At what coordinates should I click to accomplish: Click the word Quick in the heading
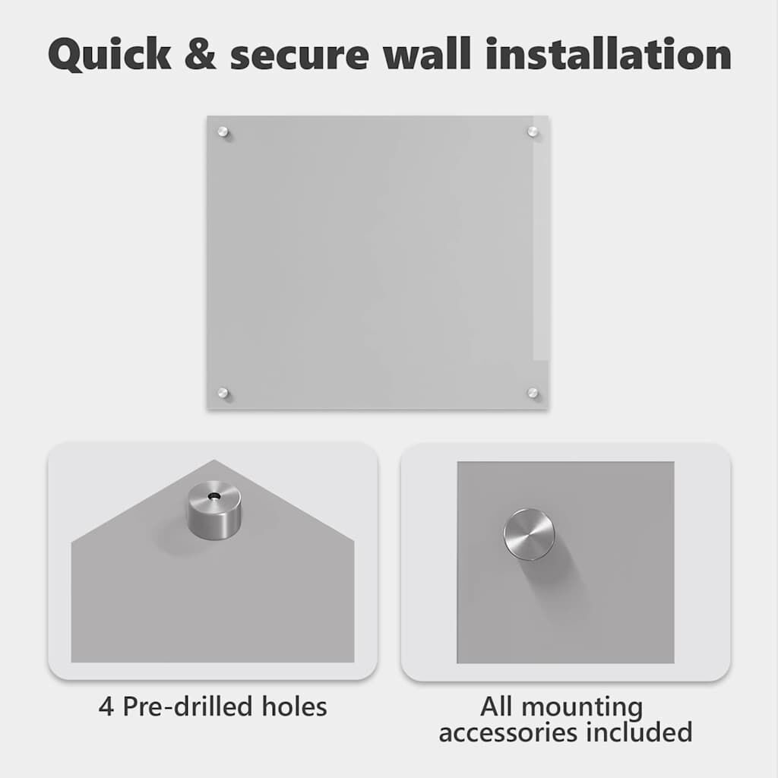[x=109, y=55]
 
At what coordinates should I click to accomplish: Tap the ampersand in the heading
[x=201, y=53]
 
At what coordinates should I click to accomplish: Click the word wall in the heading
[x=427, y=52]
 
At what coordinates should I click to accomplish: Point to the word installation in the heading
[x=609, y=52]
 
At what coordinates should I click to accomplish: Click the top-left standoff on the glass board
[x=223, y=132]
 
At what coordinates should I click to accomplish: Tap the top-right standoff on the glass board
[x=533, y=131]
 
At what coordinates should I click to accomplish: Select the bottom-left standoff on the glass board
[x=223, y=393]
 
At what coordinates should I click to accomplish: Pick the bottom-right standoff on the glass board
[x=533, y=393]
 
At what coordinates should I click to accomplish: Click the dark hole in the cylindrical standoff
[x=214, y=495]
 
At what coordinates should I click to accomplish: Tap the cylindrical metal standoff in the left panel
[x=214, y=510]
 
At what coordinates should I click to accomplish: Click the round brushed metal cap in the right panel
[x=529, y=534]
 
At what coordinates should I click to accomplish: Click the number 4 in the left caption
[x=106, y=707]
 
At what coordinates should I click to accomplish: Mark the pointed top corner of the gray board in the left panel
[x=214, y=460]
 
